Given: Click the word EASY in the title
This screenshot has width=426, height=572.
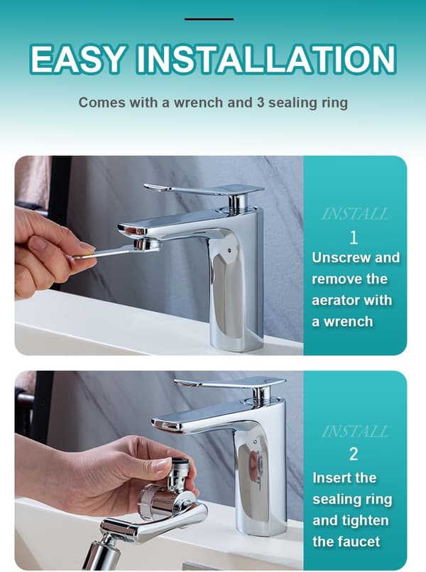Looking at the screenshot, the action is coord(77,59).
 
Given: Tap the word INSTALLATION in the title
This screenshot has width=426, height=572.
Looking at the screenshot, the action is coord(266,59).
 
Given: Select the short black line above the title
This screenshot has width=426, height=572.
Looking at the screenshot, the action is coord(209,19).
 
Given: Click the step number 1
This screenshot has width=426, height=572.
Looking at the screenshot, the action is coord(354,238).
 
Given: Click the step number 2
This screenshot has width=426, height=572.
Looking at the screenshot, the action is coord(354,454).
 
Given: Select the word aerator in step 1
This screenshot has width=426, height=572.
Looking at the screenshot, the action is coord(335,301).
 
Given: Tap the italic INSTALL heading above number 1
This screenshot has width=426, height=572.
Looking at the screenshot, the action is coord(354,214).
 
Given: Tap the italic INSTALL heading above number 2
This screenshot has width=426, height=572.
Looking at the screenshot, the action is coord(354,431).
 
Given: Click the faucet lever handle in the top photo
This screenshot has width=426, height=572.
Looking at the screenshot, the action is coord(204,190).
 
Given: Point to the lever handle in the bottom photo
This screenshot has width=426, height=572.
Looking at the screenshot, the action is coord(229,383).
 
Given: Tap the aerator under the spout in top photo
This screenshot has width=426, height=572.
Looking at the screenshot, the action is coord(146,244).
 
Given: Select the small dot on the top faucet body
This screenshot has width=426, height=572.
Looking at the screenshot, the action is coord(229,251).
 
